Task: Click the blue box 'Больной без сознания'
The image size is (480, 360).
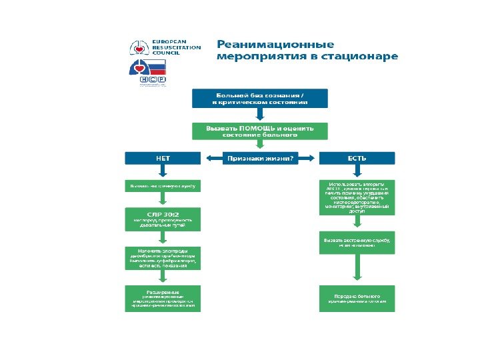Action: point(260,99)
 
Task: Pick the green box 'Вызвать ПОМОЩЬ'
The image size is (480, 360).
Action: point(260,131)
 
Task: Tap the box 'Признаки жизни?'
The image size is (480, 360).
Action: point(260,159)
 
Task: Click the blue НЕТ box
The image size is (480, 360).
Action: point(163,159)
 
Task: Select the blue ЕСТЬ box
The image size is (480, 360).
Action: point(357,159)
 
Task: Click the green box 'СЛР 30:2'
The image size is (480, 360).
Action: point(163,219)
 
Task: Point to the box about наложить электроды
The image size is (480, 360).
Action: point(163,257)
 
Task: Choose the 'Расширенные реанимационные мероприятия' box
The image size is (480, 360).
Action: point(163,299)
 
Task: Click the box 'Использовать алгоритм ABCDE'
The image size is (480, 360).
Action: point(357,197)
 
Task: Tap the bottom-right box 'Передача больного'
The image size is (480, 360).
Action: point(357,299)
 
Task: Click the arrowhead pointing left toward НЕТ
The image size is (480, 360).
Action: point(203,159)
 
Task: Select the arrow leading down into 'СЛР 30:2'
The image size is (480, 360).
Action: point(163,199)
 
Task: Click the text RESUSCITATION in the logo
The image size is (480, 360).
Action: point(177,49)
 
